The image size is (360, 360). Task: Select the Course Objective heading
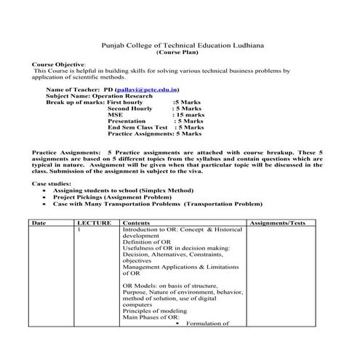(x=59, y=65)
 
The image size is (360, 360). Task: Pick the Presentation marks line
(x=154, y=121)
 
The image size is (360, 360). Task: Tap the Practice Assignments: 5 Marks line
(x=154, y=135)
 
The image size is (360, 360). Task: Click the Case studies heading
(x=53, y=184)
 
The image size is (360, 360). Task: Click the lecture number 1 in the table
(x=79, y=229)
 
